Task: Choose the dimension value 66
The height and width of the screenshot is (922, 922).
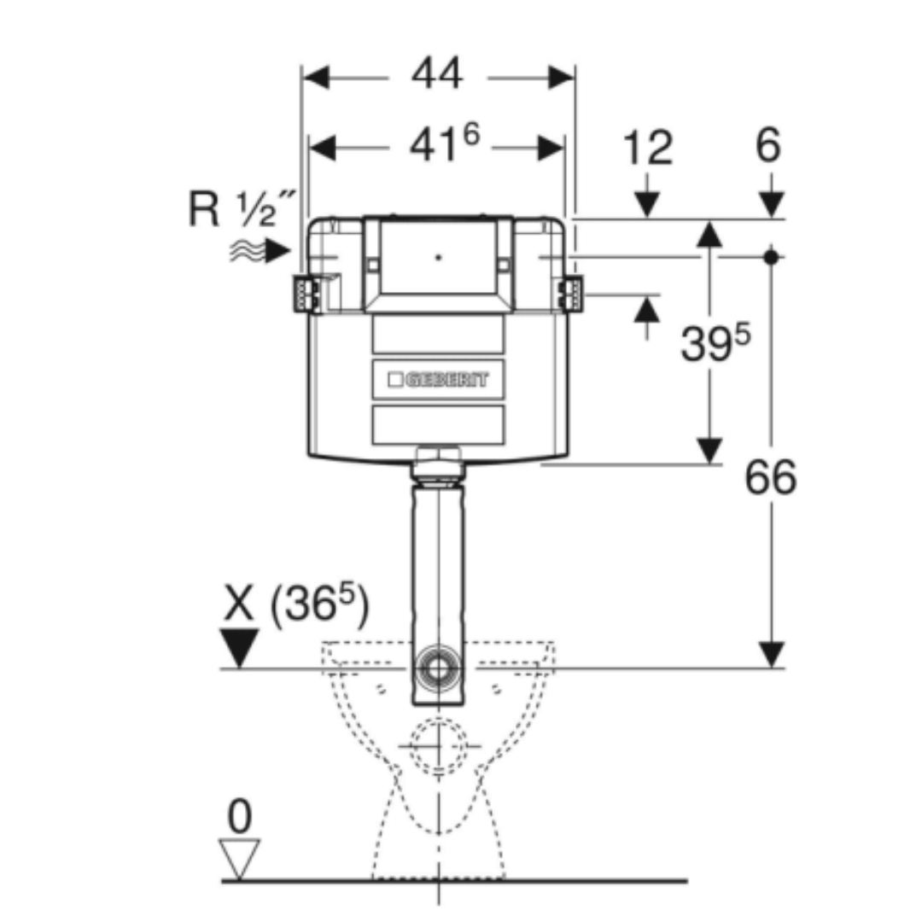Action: coord(770,477)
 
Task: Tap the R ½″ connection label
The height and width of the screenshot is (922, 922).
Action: coord(242,209)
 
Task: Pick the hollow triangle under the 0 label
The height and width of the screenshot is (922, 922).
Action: coord(239,857)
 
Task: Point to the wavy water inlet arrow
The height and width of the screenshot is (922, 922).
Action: coord(259,250)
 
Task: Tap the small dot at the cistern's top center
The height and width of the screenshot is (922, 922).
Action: coord(439,254)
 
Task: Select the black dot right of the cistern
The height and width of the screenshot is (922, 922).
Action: coord(771,255)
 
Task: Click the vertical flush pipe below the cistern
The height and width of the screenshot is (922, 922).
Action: coord(439,563)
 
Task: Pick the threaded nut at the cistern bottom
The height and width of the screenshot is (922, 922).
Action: coord(438,465)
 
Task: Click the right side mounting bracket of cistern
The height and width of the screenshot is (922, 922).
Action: coord(569,294)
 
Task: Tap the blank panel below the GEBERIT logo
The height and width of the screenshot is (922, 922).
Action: coord(438,424)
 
